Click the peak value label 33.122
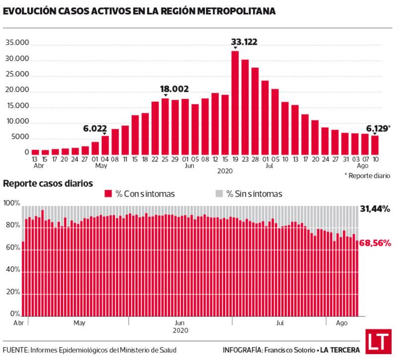[244, 42]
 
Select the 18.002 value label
[174, 89]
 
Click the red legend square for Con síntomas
[108, 194]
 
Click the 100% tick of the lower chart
[11, 204]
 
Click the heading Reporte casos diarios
[48, 183]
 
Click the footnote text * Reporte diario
[367, 176]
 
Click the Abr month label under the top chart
[35, 166]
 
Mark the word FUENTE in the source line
[15, 350]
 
